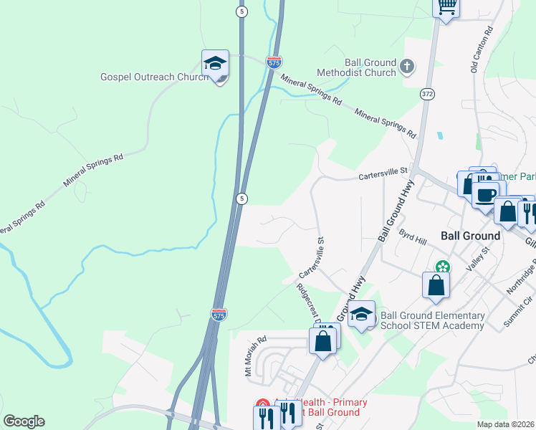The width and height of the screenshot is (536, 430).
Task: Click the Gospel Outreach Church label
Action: tap(153, 77)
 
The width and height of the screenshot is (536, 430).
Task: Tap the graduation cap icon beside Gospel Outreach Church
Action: tap(215, 64)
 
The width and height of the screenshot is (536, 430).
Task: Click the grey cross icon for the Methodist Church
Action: tap(407, 67)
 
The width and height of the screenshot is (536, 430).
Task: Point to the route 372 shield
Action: tap(428, 94)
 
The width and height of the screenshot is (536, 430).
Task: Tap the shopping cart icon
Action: tap(446, 7)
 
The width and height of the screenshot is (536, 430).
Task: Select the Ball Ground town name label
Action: tap(471, 236)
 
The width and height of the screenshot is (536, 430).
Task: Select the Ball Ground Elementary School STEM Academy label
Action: tap(432, 320)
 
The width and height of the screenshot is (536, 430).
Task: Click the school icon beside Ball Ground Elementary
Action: tap(362, 314)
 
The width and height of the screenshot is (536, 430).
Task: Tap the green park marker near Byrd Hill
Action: tap(444, 267)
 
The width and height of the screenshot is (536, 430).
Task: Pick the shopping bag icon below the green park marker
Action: tap(436, 285)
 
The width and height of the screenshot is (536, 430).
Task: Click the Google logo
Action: tap(24, 421)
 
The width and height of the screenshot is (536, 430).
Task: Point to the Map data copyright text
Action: tap(506, 424)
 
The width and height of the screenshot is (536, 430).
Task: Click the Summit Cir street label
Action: tap(517, 310)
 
